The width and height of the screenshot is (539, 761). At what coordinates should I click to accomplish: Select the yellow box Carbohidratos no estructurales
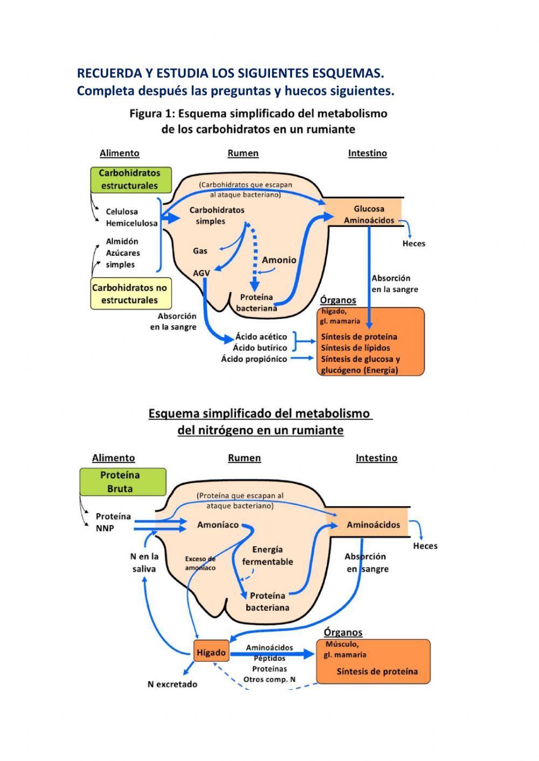[x=129, y=294]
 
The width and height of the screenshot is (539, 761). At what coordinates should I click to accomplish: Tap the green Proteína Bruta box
[x=123, y=481]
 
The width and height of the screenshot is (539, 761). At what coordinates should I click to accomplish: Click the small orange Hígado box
[x=211, y=652]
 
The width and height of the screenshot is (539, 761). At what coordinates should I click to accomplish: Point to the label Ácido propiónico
[x=254, y=359]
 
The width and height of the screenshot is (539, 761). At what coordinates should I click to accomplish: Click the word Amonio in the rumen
[x=279, y=260]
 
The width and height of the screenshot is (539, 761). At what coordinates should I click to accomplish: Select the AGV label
[x=201, y=273]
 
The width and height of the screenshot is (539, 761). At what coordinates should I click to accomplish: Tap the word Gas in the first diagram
[x=200, y=250]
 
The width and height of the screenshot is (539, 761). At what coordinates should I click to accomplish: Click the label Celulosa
[x=122, y=212]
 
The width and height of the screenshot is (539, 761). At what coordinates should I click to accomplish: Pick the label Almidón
[x=122, y=241]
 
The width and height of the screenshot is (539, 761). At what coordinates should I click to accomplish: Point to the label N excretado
[x=172, y=684]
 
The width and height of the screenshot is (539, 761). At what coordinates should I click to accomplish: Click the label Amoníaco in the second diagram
[x=218, y=525]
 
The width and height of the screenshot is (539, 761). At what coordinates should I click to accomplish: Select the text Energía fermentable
[x=267, y=555]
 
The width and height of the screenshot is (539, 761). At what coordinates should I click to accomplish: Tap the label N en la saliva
[x=144, y=562]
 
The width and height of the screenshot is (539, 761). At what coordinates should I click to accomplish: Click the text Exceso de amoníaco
[x=200, y=563]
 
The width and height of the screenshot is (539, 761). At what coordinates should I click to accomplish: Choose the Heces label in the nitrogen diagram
[x=425, y=546]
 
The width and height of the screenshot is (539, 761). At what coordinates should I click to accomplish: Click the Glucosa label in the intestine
[x=369, y=208]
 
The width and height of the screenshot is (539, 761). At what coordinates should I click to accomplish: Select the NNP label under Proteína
[x=105, y=528]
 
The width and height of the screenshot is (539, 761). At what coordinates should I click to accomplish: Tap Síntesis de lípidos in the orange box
[x=355, y=348]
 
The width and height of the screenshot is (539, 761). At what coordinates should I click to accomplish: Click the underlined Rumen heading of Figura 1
[x=243, y=153]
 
